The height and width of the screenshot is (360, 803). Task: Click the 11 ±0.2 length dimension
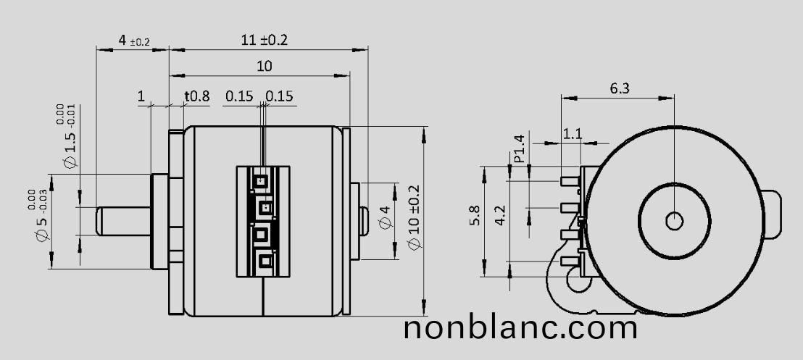tap(264, 40)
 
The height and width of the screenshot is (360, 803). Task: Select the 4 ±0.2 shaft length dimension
tap(133, 41)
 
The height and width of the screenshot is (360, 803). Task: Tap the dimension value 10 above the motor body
tap(264, 66)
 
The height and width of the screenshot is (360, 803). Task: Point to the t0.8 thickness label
tap(196, 96)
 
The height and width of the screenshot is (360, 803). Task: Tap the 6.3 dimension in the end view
tap(620, 88)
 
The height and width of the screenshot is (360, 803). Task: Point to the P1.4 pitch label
tap(519, 148)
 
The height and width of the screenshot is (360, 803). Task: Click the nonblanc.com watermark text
tap(520, 327)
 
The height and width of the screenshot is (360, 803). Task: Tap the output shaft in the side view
tap(123, 221)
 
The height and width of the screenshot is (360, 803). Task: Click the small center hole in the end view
tap(674, 221)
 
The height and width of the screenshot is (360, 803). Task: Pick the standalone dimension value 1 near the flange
tap(141, 96)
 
